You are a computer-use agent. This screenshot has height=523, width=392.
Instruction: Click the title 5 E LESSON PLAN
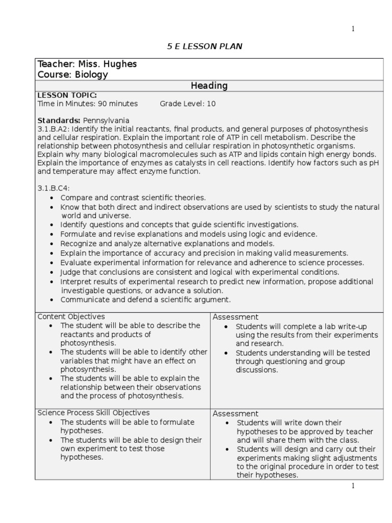coord(205,46)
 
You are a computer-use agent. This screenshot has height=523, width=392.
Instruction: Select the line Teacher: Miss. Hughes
coord(87,64)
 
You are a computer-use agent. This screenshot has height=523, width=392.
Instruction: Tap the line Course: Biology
coord(72,75)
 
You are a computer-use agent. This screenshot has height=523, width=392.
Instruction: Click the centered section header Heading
coord(209,86)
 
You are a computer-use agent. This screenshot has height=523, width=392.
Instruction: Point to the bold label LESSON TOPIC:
coord(67,95)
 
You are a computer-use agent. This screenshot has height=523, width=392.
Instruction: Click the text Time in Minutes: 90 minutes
coord(88,104)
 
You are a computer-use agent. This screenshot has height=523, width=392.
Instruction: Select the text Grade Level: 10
coord(187,104)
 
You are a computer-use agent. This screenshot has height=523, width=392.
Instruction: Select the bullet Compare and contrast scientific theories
coord(133,197)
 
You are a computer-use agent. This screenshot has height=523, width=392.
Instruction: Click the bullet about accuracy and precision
coord(204,253)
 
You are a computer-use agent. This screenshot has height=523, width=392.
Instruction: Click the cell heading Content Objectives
coord(71,317)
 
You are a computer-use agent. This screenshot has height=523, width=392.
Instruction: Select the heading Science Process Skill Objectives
coord(93,413)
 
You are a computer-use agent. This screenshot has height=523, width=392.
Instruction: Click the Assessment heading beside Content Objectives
coord(235,317)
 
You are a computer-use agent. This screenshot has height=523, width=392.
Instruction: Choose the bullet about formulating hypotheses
coord(127,426)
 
